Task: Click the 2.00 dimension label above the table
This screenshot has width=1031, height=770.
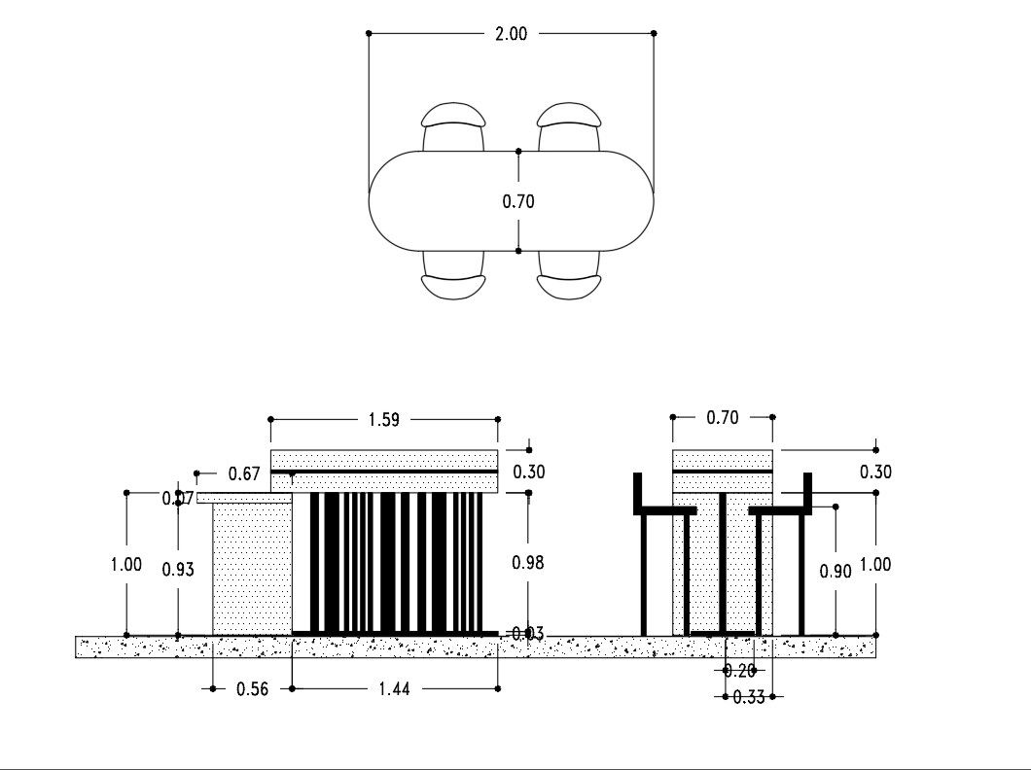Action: point(511,33)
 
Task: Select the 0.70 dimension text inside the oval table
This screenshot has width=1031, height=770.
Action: point(518,202)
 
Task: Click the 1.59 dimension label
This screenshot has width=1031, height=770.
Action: point(382,420)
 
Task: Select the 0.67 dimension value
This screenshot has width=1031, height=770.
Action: point(244,473)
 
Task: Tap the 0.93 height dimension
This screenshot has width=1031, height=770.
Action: point(178,571)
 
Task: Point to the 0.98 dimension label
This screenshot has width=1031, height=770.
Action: point(528,563)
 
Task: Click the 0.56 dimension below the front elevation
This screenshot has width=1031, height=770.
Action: point(253,688)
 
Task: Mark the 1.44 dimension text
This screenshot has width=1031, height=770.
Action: point(394,688)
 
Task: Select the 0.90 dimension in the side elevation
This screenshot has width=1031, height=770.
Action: point(835,571)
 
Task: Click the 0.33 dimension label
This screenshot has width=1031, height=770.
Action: point(749,696)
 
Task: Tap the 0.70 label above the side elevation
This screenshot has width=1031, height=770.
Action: point(723,417)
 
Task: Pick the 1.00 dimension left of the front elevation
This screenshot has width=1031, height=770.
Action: point(126,564)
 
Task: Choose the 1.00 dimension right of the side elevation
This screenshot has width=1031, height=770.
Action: point(875,564)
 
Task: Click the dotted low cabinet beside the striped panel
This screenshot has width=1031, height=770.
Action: point(252,569)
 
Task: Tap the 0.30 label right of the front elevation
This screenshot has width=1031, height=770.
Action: point(528,472)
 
